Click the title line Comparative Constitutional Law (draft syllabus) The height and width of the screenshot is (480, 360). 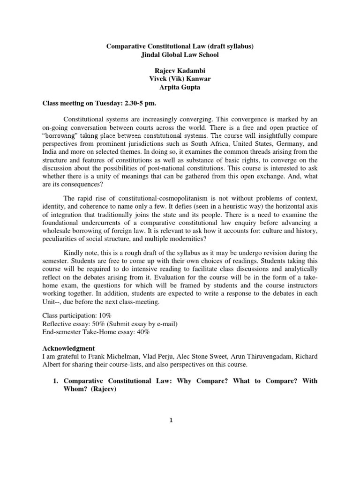180,46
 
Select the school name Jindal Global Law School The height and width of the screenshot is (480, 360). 180,55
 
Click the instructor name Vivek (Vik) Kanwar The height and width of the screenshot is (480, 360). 180,79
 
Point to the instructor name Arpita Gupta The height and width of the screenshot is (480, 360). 180,88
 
